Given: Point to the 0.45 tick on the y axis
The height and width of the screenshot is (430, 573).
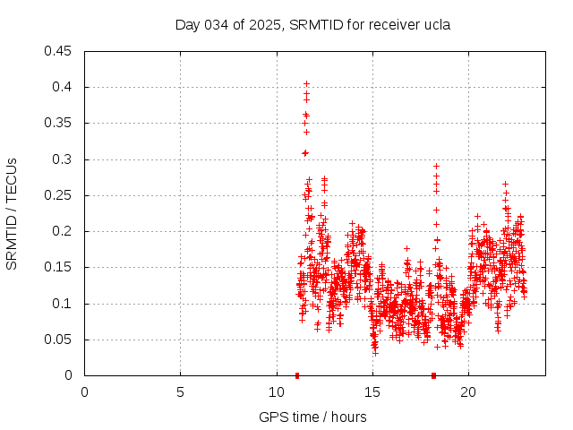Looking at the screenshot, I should click(x=60, y=51).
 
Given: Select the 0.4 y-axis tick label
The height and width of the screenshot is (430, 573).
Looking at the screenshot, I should click(x=64, y=87).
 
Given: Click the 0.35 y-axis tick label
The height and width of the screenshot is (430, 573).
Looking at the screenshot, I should click(x=60, y=123).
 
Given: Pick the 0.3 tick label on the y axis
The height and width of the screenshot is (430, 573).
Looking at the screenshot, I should click(x=64, y=159).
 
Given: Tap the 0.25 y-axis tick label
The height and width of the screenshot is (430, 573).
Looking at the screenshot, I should click(x=60, y=195).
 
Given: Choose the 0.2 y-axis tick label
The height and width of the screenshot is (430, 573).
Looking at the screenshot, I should click(x=64, y=231).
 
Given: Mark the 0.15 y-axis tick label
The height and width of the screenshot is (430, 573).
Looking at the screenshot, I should click(x=60, y=267).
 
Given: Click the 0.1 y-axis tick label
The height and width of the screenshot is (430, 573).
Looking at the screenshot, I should click(x=64, y=304).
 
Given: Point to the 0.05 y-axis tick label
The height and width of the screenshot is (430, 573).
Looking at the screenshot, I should click(x=60, y=340).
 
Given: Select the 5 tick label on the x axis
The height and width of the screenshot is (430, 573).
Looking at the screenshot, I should click(x=180, y=392).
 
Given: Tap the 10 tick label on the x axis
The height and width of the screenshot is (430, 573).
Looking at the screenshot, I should click(x=276, y=392).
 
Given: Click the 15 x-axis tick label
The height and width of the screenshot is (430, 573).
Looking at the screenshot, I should click(x=372, y=392).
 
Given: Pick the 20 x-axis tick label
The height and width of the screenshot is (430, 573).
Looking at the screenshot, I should click(x=467, y=392).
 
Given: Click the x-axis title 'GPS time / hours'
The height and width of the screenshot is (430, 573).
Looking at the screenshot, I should click(x=312, y=417).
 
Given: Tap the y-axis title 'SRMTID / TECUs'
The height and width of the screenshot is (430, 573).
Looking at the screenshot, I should click(x=13, y=213).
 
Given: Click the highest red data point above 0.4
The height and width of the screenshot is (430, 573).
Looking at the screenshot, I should click(x=306, y=84).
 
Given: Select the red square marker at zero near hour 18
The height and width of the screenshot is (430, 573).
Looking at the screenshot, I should click(x=433, y=375).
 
